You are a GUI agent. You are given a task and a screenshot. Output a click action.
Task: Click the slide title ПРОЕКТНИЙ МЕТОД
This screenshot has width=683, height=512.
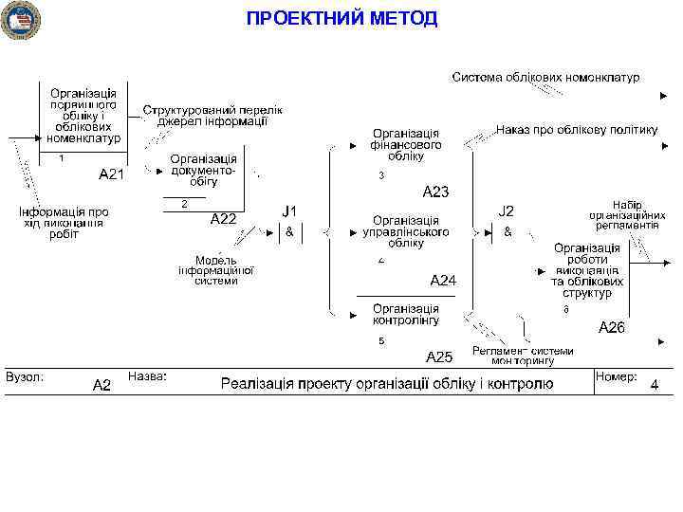tap(341, 18)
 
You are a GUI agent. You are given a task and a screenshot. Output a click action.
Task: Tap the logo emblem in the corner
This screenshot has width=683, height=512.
tap(20, 20)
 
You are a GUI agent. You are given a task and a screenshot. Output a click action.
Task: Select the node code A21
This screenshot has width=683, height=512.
tap(112, 174)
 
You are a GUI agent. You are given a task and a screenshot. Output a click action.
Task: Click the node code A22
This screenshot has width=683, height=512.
tap(223, 218)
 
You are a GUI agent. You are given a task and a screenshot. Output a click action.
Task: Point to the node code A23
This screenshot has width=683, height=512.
tap(435, 192)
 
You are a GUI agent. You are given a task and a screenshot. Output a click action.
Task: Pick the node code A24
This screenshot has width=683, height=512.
tap(443, 280)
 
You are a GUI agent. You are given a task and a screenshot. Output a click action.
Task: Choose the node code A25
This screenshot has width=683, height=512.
tap(439, 357)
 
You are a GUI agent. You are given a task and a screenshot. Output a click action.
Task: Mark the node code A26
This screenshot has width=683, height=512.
tap(611, 327)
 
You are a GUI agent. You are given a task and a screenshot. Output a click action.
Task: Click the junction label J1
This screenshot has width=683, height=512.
tap(289, 210)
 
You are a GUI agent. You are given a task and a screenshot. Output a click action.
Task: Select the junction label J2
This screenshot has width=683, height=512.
tap(507, 210)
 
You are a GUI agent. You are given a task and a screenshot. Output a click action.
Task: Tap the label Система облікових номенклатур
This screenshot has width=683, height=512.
tap(545, 77)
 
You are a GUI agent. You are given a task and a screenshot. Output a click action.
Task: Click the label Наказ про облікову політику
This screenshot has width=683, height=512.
tap(576, 129)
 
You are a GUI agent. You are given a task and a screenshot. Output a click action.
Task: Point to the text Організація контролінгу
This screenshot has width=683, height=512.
tap(406, 315)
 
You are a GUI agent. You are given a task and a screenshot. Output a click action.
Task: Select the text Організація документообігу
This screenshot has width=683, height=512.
tap(204, 170)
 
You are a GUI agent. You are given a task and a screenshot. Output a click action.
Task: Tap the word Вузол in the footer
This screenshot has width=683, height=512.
tap(24, 377)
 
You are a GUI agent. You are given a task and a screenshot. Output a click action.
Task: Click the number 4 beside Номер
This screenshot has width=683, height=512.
tap(654, 385)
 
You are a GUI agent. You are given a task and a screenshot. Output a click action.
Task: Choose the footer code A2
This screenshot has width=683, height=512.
tap(102, 385)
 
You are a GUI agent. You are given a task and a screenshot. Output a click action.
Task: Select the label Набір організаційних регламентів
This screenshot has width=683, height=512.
tap(625, 215)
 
